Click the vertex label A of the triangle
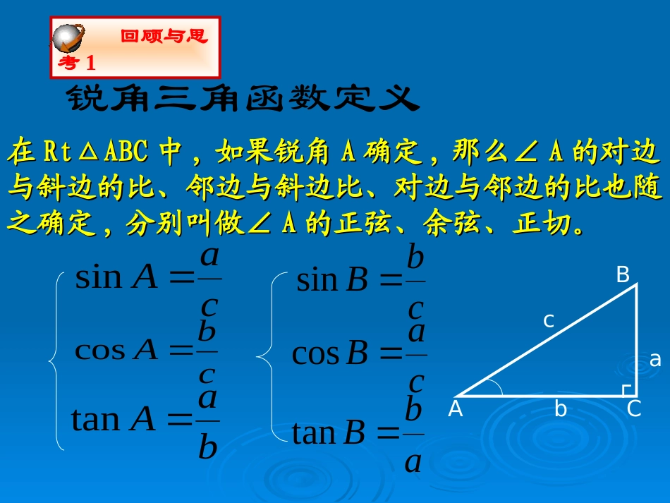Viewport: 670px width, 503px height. [x=456, y=409]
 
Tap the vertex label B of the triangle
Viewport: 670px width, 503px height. [x=623, y=275]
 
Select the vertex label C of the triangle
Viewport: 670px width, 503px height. [x=634, y=409]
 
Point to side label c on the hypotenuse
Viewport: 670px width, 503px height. [x=548, y=321]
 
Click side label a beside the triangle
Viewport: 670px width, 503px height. [x=655, y=360]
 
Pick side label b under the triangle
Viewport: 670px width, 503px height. [x=561, y=409]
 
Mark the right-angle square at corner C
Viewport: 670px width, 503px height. [x=627, y=389]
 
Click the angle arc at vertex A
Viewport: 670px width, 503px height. [x=496, y=387]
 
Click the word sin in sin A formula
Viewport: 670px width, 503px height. [x=99, y=277]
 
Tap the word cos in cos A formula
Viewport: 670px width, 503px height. [x=99, y=350]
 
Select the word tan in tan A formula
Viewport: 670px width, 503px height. [x=96, y=420]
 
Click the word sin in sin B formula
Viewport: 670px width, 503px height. [x=317, y=281]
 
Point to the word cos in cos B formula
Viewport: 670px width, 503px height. [x=315, y=353]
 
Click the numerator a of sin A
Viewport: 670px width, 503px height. [x=209, y=255]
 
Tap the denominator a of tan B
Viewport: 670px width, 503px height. [x=413, y=462]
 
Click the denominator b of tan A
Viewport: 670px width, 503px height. [x=207, y=447]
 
